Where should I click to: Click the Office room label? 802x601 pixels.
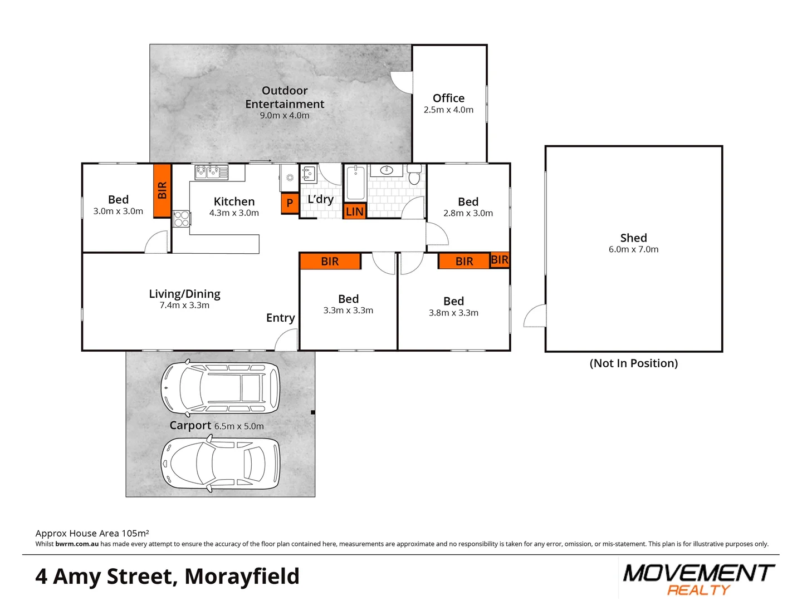(448, 98)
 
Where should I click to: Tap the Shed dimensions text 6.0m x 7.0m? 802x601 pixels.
(633, 249)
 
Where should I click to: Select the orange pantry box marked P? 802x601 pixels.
(290, 203)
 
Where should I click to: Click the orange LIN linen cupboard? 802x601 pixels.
(355, 211)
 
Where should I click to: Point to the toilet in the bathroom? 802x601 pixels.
(414, 175)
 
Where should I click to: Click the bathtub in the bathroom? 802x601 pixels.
(355, 183)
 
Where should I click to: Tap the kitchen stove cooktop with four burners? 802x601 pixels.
(182, 219)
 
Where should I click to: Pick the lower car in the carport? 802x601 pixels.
(221, 464)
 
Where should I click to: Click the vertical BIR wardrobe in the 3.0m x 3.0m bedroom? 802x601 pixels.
(162, 190)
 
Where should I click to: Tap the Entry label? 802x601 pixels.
(280, 318)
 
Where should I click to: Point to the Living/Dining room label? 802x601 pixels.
(184, 294)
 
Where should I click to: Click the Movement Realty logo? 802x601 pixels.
(698, 579)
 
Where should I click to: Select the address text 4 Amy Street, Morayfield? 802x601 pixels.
(167, 577)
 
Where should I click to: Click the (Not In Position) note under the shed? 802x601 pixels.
(633, 363)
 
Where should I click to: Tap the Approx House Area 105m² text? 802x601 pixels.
(92, 533)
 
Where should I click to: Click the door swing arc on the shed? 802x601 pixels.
(535, 316)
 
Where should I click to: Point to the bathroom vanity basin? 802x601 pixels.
(387, 170)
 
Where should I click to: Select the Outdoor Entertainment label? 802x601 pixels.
(285, 97)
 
